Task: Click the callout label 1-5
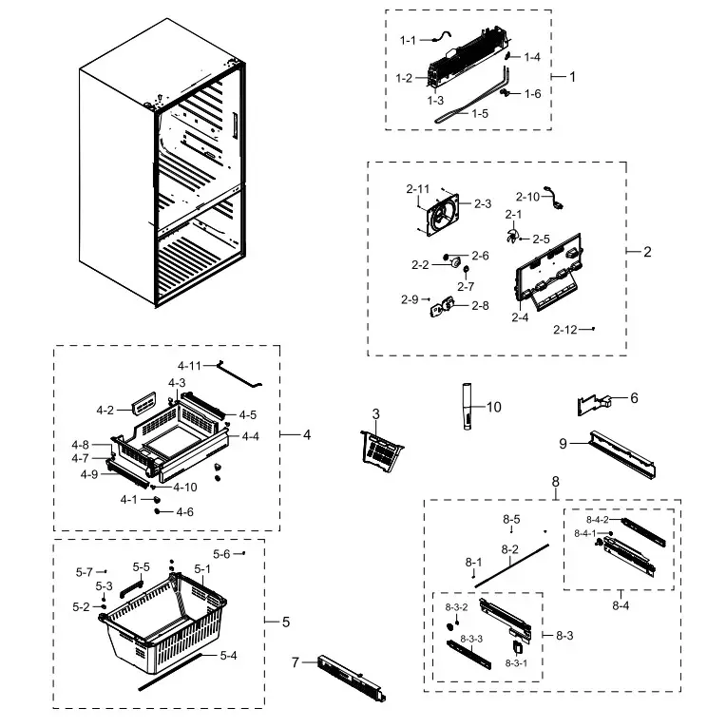(x=480, y=112)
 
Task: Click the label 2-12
(x=565, y=330)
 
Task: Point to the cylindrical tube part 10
(x=468, y=406)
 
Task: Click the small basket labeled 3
(x=379, y=448)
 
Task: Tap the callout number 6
(x=634, y=397)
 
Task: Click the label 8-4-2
(x=597, y=520)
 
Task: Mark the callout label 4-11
(x=189, y=365)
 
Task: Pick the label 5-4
(x=228, y=655)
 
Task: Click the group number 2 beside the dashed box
(x=647, y=252)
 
